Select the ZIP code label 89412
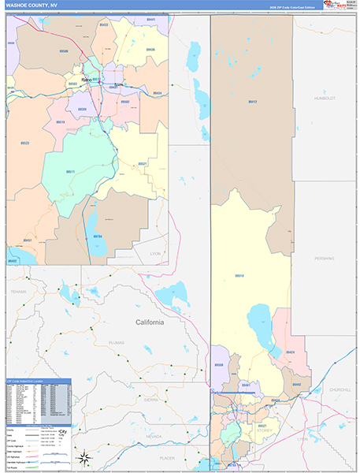point(252,102)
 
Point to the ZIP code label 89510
point(239,275)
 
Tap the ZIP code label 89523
point(25,143)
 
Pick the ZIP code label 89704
point(98,236)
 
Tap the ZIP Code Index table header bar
point(38,381)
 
